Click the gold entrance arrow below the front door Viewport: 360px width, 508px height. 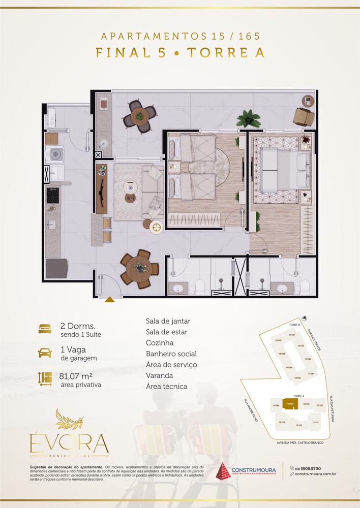coord(109,300)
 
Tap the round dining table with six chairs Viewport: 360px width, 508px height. coord(136,269)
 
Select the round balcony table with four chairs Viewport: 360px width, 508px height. coord(139,116)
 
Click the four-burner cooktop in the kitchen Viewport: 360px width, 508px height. coord(53,195)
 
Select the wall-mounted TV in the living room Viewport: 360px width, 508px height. coord(102,188)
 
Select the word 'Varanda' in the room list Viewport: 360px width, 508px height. coord(159,375)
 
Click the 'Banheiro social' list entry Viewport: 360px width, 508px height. coord(171,354)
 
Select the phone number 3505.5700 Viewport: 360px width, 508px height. coord(311,468)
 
